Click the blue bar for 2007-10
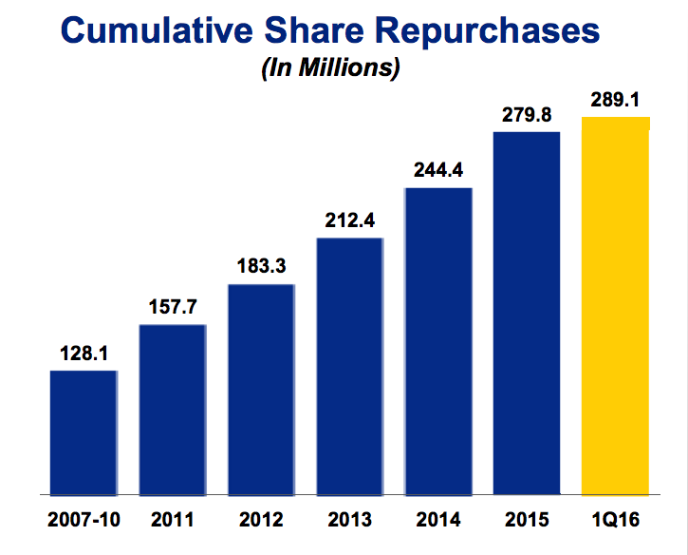pyautogui.click(x=84, y=432)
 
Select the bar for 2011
pyautogui.click(x=172, y=410)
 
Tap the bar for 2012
pyautogui.click(x=261, y=390)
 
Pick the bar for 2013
pyautogui.click(x=349, y=366)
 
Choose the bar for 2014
pyautogui.click(x=437, y=341)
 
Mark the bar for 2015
pyautogui.click(x=527, y=313)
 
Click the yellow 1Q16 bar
pyautogui.click(x=616, y=305)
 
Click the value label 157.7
pyautogui.click(x=172, y=309)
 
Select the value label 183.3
pyautogui.click(x=261, y=268)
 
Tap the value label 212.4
pyautogui.click(x=349, y=221)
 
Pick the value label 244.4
pyautogui.click(x=437, y=172)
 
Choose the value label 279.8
pyautogui.click(x=527, y=115)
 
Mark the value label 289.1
pyautogui.click(x=616, y=99)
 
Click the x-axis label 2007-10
pyautogui.click(x=84, y=521)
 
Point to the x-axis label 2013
pyautogui.click(x=349, y=521)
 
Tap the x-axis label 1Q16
pyautogui.click(x=616, y=521)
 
